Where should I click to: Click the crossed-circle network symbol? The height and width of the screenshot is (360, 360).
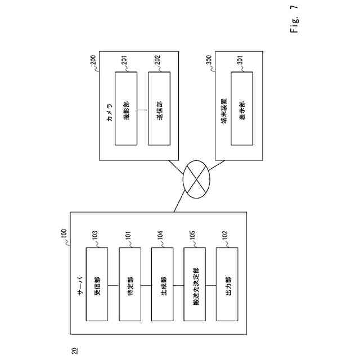coord(196,179)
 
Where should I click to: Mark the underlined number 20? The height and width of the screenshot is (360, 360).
coord(73,352)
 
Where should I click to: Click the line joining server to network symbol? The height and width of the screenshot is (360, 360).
coord(180,199)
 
